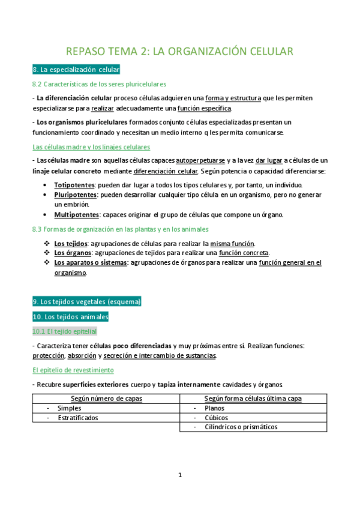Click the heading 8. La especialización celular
pos(76,70)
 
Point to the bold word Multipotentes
pos(77,214)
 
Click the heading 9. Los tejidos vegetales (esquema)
pos(87,301)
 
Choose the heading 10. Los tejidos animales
pos(70,316)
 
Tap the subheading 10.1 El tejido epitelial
pos(64,331)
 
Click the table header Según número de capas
pos(106,399)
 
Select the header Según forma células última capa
pos(253,399)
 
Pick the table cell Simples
pos(70,408)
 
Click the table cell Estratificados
pos(78,418)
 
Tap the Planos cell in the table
pos(214,408)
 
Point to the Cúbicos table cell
pos(216,418)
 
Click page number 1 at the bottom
pos(179,475)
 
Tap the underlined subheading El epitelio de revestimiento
pos(73,370)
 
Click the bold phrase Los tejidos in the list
pos(70,243)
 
